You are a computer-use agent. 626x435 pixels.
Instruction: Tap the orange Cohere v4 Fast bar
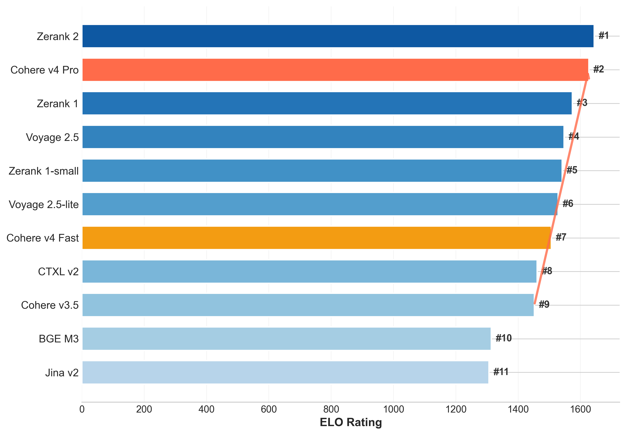click(316, 238)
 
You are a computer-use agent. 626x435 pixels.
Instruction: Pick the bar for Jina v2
click(285, 372)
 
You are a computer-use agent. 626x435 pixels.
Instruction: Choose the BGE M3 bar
click(286, 339)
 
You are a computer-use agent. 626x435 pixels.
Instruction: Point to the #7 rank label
click(561, 237)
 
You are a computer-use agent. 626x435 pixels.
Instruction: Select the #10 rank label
click(504, 338)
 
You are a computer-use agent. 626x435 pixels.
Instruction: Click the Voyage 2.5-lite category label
click(44, 204)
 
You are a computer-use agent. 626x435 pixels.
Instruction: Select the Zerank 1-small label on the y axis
click(44, 171)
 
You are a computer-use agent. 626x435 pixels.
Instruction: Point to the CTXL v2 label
click(58, 272)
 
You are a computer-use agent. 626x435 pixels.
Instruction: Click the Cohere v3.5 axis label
click(50, 305)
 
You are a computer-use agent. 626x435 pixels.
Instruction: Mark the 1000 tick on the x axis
click(394, 409)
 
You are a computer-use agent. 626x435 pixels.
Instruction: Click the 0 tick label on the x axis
click(82, 409)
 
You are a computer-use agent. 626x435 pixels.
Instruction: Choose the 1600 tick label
click(580, 409)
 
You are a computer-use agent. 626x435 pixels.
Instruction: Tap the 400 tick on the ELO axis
click(206, 409)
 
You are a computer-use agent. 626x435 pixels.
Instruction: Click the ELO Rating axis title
click(351, 422)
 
